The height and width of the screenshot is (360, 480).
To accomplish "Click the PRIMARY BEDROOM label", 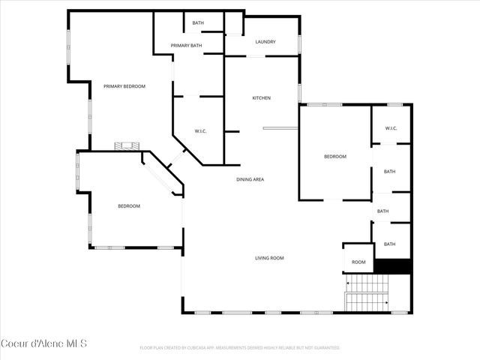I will coord(124,86).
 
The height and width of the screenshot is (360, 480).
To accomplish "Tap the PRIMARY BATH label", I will coord(186,46).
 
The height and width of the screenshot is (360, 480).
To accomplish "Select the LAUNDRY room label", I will coord(265,42).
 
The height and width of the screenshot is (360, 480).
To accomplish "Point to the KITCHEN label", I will coord(261,98).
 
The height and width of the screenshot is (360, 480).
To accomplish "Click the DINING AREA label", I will coord(250,179).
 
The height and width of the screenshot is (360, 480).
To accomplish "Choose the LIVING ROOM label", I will coord(269,258).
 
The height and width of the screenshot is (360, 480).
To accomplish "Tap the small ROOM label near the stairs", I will coord(358,262).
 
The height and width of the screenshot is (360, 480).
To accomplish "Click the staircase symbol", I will coord(367,293).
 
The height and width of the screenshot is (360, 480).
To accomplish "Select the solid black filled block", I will coord(392,266).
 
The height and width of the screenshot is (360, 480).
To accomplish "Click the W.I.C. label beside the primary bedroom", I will coord(200,132).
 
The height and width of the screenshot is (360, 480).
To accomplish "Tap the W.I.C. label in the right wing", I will coord(391,128).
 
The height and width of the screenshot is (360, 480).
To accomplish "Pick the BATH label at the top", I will coord(198,23).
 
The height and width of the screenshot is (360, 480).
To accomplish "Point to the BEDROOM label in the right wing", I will coord(334,156).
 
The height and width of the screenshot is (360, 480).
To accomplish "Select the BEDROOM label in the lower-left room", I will coord(129,205).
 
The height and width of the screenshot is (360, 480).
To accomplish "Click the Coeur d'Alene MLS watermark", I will coord(44,344).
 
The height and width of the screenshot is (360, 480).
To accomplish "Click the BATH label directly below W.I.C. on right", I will coord(390,172).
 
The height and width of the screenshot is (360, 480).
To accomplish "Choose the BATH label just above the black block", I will coord(390,244).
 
